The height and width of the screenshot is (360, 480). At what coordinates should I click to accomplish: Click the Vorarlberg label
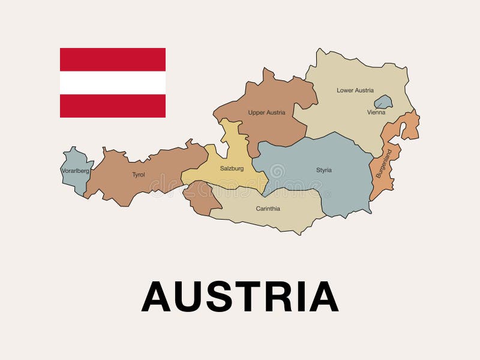75,171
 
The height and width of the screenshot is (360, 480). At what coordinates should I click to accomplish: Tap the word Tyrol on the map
139,175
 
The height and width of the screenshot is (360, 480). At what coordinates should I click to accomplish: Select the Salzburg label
232,169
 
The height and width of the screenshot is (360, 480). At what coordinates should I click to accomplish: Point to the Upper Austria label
266,112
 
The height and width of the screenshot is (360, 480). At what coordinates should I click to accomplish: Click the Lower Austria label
355,91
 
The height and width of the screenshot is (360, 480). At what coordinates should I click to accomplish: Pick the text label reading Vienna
376,112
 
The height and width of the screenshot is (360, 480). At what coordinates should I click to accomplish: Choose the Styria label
324,170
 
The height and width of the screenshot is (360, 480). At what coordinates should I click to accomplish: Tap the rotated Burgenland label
384,163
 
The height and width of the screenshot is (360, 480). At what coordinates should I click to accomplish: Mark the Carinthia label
268,209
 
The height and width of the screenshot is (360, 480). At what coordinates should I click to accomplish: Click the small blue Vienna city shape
383,102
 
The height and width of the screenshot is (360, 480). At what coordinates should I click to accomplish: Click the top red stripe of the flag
113,59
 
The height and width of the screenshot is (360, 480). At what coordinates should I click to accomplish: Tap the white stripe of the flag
113,83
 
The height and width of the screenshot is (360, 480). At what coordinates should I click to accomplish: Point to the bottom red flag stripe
113,106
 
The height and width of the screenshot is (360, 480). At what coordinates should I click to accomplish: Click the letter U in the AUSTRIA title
190,296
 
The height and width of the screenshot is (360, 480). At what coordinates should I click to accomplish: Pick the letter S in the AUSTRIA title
224,296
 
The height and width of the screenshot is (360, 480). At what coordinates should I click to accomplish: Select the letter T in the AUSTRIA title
254,296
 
